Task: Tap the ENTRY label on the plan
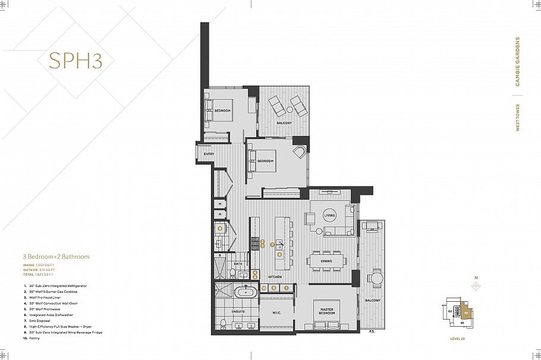click(209, 154)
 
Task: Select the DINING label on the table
click(326, 261)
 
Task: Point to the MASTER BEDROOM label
click(327, 311)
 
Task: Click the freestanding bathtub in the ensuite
click(244, 292)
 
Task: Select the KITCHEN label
click(274, 277)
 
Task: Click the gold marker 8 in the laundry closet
click(220, 228)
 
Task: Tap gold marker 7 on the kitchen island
click(272, 244)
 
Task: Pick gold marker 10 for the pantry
click(263, 288)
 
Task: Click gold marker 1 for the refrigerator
click(286, 288)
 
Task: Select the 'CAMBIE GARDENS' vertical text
click(518, 62)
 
